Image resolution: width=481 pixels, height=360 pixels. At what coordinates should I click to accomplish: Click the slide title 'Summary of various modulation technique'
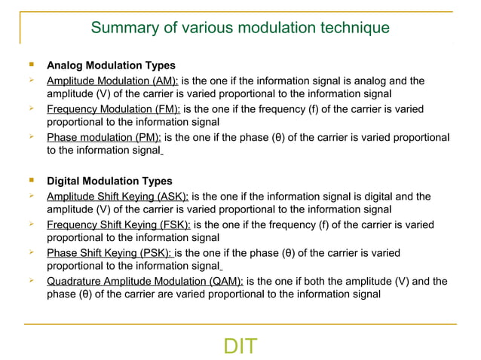pyautogui.click(x=240, y=28)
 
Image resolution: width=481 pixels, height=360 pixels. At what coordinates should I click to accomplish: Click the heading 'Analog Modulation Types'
pyautogui.click(x=111, y=66)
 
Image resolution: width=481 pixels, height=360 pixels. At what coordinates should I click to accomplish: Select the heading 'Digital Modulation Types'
pyautogui.click(x=109, y=182)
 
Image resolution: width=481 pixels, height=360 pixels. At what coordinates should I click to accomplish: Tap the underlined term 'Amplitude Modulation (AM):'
pyautogui.click(x=112, y=81)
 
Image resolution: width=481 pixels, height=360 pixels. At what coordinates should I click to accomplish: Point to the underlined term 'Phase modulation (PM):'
pyautogui.click(x=104, y=138)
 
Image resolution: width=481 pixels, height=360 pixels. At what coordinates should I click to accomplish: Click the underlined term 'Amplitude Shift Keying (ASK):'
pyautogui.click(x=118, y=197)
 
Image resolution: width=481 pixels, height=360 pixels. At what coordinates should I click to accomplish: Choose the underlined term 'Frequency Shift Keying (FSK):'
pyautogui.click(x=118, y=225)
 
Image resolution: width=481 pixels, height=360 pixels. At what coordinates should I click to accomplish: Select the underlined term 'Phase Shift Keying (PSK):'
pyautogui.click(x=109, y=253)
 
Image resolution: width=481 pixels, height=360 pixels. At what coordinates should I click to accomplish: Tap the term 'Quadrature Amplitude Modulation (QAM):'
pyautogui.click(x=145, y=282)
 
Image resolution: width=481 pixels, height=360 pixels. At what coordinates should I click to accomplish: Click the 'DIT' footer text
pyautogui.click(x=240, y=346)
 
